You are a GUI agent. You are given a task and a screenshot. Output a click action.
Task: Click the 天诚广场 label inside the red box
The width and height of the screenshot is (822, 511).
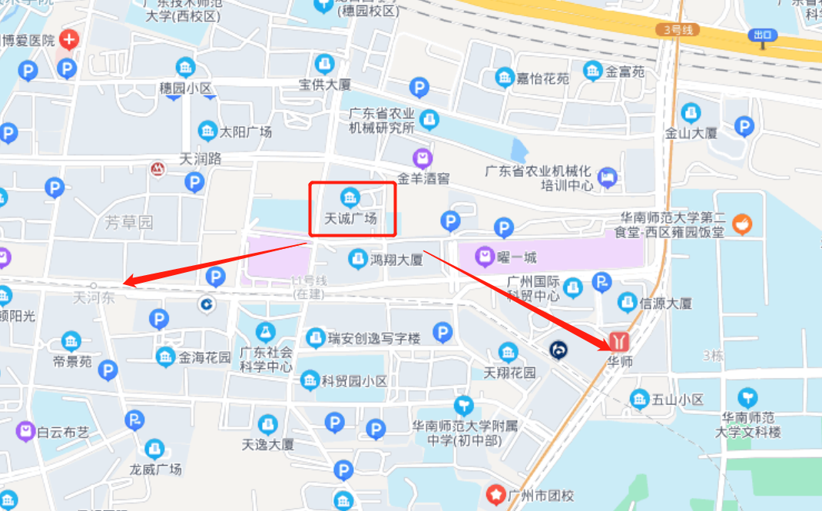[350, 218]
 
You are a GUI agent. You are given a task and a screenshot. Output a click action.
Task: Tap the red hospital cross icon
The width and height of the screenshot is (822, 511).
[69, 39]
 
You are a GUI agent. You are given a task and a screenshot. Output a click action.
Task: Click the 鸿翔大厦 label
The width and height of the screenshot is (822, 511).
[396, 260]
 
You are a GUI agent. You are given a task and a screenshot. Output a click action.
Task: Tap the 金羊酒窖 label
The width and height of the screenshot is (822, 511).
[423, 178]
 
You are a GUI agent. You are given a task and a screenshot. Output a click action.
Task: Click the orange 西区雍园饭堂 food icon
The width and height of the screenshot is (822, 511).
[741, 224]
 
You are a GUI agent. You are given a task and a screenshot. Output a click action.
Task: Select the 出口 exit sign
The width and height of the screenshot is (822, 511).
[763, 35]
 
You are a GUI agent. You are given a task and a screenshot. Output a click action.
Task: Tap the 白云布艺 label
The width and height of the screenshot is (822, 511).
[63, 432]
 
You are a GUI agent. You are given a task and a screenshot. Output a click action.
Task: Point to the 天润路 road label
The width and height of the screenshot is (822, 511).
[201, 159]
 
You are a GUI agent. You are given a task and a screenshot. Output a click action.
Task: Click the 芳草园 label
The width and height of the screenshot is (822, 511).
[129, 223]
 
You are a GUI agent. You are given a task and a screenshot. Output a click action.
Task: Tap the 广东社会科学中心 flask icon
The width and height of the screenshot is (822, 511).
[266, 332]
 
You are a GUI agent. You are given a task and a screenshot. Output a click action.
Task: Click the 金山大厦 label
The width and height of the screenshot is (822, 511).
[691, 132]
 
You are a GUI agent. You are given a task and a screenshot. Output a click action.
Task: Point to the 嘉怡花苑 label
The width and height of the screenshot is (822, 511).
[542, 78]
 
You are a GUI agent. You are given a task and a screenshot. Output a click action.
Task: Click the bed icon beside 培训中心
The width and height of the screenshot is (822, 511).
[607, 178]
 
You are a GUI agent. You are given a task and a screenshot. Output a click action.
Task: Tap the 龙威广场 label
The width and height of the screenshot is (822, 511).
[155, 469]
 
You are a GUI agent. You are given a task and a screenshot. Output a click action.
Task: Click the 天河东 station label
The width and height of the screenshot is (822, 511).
[94, 297]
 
